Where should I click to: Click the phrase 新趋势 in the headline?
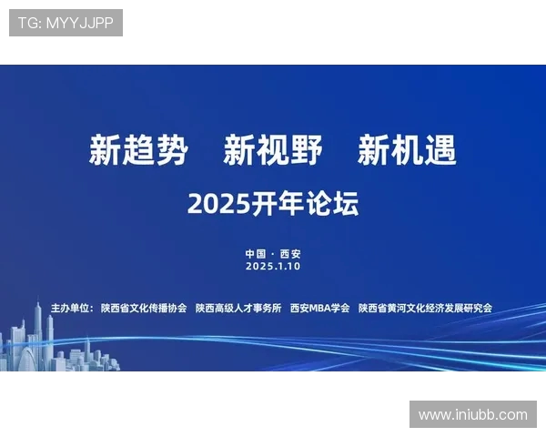coord(138,150)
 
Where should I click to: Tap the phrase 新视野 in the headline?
coord(273,150)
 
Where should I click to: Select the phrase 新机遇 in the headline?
coord(407,150)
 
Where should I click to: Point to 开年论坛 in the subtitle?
coord(305,204)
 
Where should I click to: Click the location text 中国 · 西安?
coord(272,254)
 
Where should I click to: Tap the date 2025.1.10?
coord(272,267)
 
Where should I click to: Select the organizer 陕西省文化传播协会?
coord(144,309)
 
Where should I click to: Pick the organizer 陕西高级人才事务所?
coord(238,309)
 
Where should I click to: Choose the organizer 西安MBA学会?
coord(319,309)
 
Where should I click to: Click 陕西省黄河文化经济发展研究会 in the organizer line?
coord(425,309)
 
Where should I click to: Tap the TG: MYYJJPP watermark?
coord(66,23)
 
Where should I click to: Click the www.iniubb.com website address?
coord(473,414)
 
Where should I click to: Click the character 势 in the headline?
coord(172,150)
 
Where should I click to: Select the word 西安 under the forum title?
coord(290,254)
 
